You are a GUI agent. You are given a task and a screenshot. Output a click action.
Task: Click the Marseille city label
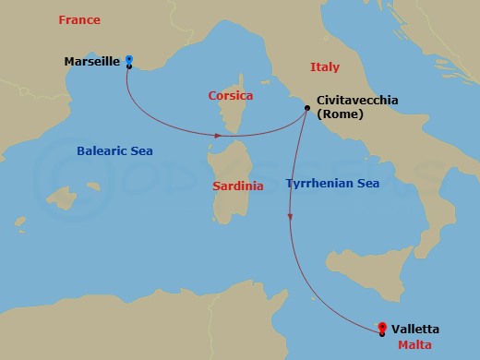[92, 62]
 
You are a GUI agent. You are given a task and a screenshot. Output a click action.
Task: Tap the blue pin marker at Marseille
[129, 62]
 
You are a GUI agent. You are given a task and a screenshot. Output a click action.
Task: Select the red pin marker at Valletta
[382, 326]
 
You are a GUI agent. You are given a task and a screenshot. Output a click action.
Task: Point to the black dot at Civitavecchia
[306, 108]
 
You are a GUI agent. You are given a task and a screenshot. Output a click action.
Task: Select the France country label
[78, 19]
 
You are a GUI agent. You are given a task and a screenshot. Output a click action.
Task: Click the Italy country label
[324, 67]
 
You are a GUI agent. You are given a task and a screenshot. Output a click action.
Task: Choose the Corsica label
[232, 95]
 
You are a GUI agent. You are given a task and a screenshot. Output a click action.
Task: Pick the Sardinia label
[238, 186]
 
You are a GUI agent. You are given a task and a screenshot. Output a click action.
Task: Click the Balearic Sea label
[114, 151]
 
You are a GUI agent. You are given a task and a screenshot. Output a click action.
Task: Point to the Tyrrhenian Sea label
[332, 184]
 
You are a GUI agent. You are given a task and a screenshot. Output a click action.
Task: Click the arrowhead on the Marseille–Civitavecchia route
[218, 136]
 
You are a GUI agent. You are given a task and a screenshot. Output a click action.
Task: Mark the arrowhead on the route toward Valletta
[291, 218]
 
